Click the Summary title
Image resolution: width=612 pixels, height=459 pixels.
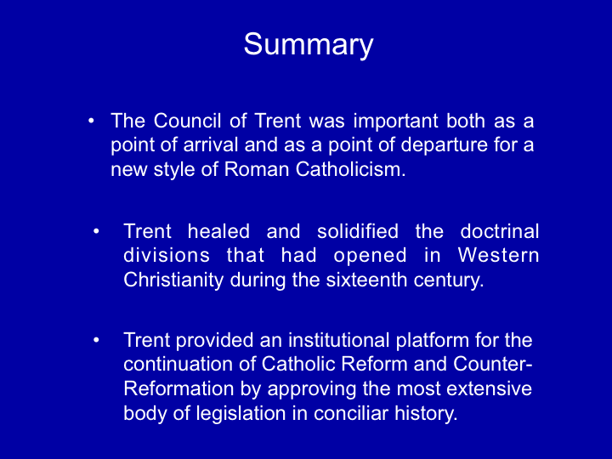pos(309,45)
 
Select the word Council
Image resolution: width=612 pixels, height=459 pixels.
pos(187,121)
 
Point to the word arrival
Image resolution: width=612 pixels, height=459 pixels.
pos(211,144)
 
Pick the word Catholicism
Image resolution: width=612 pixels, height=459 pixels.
pos(350,169)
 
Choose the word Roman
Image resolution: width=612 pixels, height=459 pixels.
pos(257,169)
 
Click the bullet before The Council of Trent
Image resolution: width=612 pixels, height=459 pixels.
pos(91,122)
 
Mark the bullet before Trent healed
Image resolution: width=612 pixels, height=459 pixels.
pos(96,232)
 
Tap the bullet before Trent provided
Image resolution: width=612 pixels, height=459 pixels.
pos(96,340)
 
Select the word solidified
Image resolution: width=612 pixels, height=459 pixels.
pos(358,231)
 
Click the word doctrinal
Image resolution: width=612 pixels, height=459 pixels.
pos(500,231)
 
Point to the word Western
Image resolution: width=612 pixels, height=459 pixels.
pos(498,256)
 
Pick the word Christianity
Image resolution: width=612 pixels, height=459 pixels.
pos(173,280)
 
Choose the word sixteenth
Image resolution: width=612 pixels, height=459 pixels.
pos(366,280)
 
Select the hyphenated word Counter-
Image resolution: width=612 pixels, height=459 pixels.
pos(493,365)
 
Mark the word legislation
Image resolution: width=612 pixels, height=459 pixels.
pos(241,414)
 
